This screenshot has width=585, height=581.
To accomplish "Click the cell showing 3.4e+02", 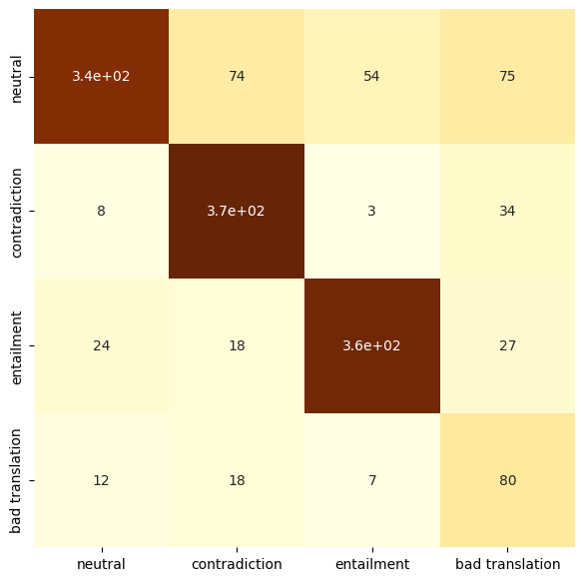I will pyautogui.click(x=101, y=77).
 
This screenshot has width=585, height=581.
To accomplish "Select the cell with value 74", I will pyautogui.click(x=236, y=77).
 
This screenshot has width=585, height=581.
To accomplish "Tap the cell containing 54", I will pyautogui.click(x=371, y=77).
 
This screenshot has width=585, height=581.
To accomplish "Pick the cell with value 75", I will pyautogui.click(x=507, y=77).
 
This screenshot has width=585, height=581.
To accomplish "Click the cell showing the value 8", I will pyautogui.click(x=101, y=211).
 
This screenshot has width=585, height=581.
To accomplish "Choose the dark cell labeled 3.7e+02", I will pyautogui.click(x=236, y=211).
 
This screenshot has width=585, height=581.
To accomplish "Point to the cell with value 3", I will pyautogui.click(x=371, y=211).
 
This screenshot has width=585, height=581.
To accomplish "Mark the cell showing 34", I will pyautogui.click(x=507, y=211).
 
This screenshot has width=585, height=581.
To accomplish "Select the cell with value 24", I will pyautogui.click(x=101, y=345).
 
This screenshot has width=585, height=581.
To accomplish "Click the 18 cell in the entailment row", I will pyautogui.click(x=236, y=345).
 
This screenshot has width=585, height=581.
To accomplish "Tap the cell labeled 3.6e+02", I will pyautogui.click(x=371, y=345).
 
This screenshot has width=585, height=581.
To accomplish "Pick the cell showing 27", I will pyautogui.click(x=507, y=345).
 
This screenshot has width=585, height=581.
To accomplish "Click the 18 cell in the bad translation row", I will pyautogui.click(x=236, y=480).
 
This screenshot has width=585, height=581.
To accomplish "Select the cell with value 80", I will pyautogui.click(x=507, y=480).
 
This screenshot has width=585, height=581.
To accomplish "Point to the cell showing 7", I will pyautogui.click(x=371, y=480).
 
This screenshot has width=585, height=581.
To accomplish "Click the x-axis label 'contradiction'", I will pyautogui.click(x=236, y=564).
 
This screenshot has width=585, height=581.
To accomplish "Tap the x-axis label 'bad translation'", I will pyautogui.click(x=507, y=564).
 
